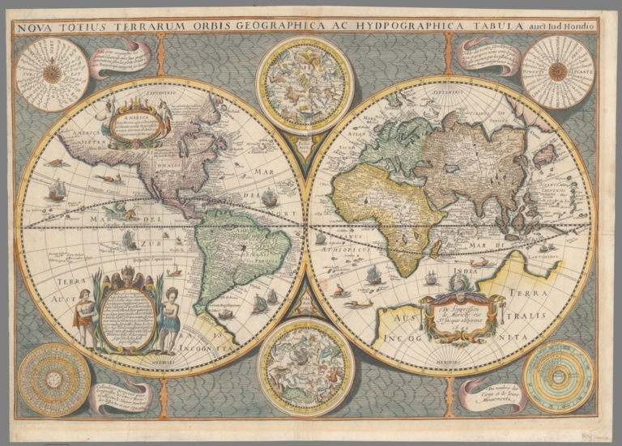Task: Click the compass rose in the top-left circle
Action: tap(52, 74)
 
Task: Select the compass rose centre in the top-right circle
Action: tap(557, 71)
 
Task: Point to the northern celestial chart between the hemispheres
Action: tap(305, 83)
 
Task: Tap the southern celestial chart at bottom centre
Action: tap(305, 366)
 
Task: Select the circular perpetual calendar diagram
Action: tap(53, 379)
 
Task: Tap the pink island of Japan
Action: tap(543, 153)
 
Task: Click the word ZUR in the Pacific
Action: tap(151, 243)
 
